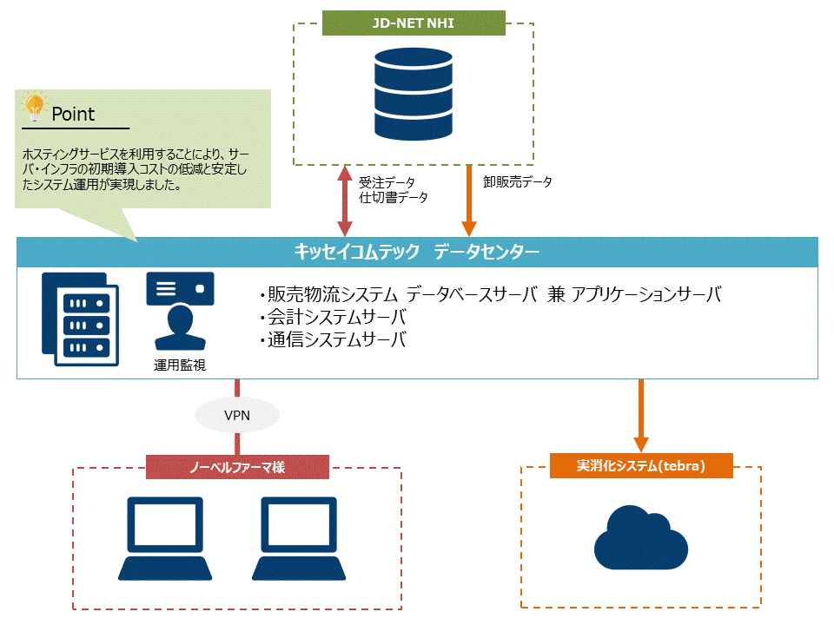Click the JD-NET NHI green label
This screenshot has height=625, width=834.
[414, 23]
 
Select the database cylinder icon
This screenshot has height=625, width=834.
[414, 93]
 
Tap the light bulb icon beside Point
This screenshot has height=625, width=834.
[35, 108]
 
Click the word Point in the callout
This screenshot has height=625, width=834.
[73, 114]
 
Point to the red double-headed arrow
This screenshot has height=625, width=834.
[345, 201]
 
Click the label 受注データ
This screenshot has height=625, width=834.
[387, 182]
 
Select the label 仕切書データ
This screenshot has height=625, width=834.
[394, 198]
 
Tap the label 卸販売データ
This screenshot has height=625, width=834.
[518, 182]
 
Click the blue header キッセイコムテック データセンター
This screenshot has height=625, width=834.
[417, 253]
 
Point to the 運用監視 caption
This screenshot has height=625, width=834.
[180, 365]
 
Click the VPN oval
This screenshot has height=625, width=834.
[237, 416]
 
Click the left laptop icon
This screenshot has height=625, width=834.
[165, 538]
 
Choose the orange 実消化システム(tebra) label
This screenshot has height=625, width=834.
[641, 466]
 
